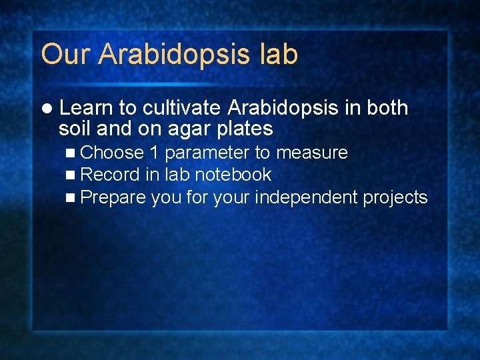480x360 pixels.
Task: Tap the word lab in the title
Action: click(x=277, y=54)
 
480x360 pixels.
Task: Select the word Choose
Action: click(x=112, y=153)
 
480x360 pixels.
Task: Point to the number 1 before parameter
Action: click(x=154, y=153)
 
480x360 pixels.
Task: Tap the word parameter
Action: click(x=206, y=153)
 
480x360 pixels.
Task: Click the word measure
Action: click(x=312, y=153)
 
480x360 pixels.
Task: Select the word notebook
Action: click(x=233, y=175)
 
